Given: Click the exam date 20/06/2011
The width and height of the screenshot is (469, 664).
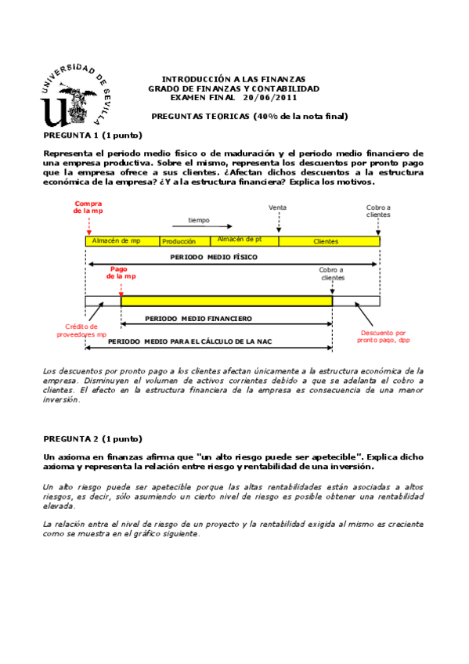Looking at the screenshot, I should click(x=270, y=97).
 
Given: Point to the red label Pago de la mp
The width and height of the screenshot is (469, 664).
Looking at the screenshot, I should click(x=121, y=272).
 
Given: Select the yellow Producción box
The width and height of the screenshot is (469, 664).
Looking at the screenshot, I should click(x=185, y=242).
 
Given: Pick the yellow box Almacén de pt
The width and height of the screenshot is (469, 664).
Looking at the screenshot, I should click(x=244, y=240).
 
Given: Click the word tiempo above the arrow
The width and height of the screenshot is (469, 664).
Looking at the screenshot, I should click(x=199, y=220).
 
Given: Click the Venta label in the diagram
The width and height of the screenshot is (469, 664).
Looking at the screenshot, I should click(x=277, y=207).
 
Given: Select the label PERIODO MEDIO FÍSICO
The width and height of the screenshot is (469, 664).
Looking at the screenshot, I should click(x=214, y=256).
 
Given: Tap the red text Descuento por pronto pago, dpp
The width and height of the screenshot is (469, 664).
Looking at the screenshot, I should click(x=384, y=336).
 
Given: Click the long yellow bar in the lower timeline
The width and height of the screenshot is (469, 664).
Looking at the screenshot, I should click(x=226, y=301).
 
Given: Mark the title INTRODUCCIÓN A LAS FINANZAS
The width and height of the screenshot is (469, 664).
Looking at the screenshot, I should click(x=233, y=80).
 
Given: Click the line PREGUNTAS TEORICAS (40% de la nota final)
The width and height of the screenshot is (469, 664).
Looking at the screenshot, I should click(x=249, y=116).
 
